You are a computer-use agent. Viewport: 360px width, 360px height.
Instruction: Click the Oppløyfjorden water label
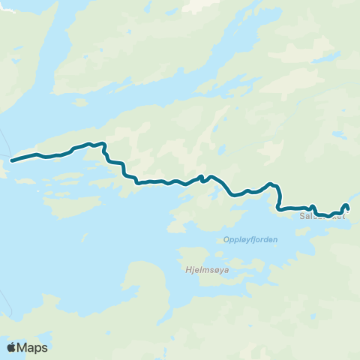click(250, 240)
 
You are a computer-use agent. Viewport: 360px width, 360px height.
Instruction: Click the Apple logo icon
click(11, 347)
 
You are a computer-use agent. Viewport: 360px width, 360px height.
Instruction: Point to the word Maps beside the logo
click(33, 347)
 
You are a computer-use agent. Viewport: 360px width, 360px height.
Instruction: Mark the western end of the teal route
click(12, 160)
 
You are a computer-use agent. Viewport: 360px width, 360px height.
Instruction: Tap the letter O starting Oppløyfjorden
click(226, 240)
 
